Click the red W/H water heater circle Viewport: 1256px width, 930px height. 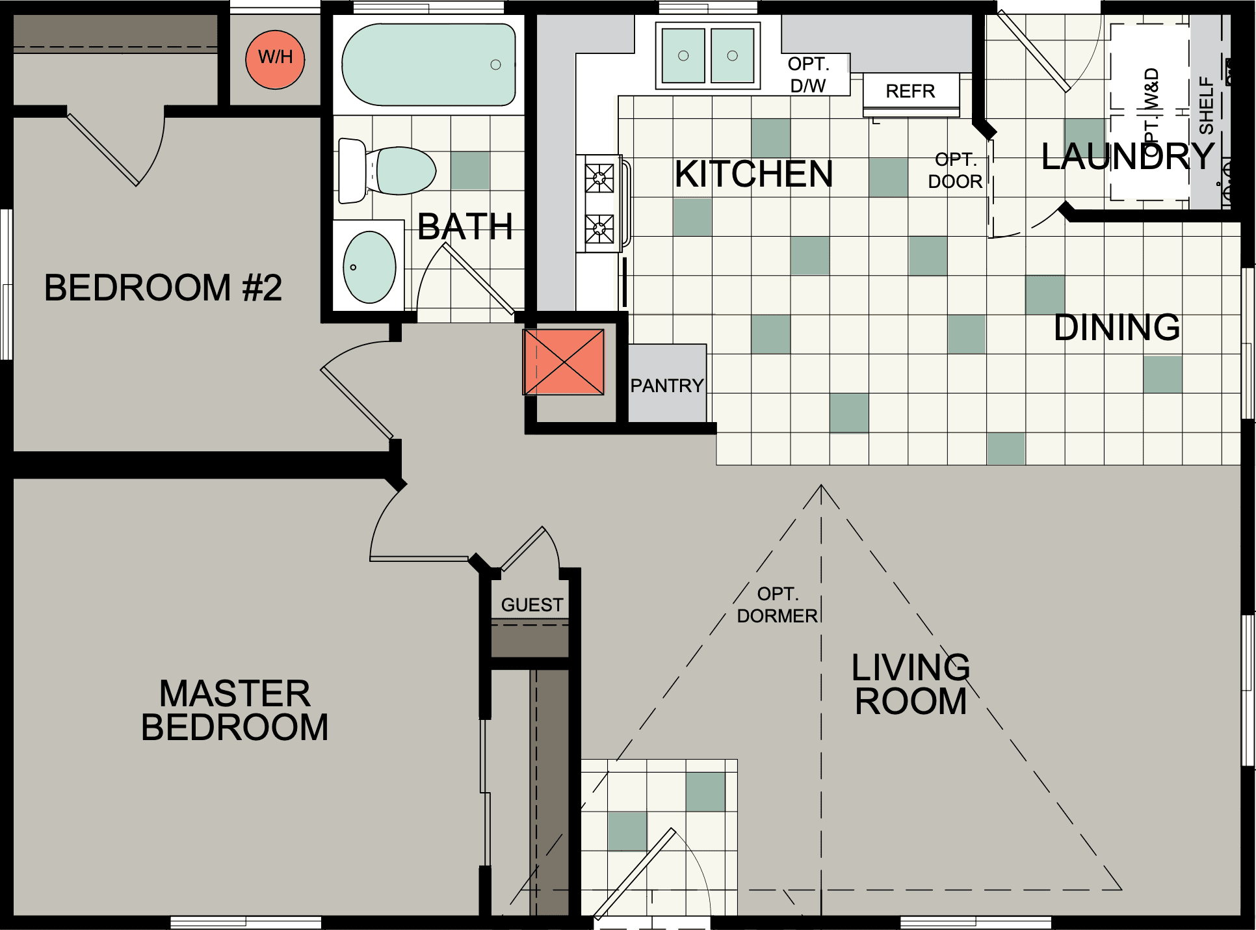tap(275, 59)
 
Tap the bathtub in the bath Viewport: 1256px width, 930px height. tap(428, 64)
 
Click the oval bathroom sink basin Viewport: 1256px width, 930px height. tap(369, 267)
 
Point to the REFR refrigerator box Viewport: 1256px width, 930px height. tap(910, 91)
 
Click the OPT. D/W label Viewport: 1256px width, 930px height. tap(808, 74)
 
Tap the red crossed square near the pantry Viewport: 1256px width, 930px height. tap(564, 362)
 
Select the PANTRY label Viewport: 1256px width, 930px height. tap(666, 386)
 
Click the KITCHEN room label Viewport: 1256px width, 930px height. tap(753, 174)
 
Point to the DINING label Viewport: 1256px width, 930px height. tap(1116, 327)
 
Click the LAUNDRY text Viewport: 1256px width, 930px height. tap(1128, 157)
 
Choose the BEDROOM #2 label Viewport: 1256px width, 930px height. tap(163, 287)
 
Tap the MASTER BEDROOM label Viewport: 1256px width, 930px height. tap(235, 710)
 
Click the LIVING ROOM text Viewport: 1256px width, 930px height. tap(911, 684)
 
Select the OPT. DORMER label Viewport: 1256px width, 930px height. tap(777, 605)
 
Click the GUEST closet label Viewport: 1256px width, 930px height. tap(532, 605)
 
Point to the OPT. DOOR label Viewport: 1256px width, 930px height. tap(954, 170)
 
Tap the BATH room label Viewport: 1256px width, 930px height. tap(465, 226)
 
